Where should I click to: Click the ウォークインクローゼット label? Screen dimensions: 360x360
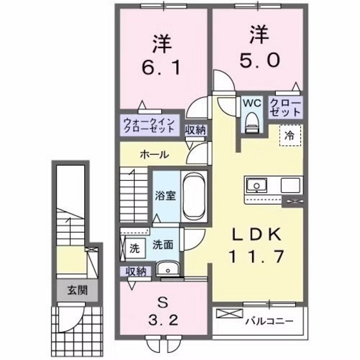[149, 125]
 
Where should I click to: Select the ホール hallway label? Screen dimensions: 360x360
[156, 154]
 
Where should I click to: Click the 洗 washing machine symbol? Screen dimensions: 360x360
[134, 247]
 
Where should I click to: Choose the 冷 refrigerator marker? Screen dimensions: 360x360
[290, 135]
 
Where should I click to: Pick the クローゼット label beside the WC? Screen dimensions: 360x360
[283, 107]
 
